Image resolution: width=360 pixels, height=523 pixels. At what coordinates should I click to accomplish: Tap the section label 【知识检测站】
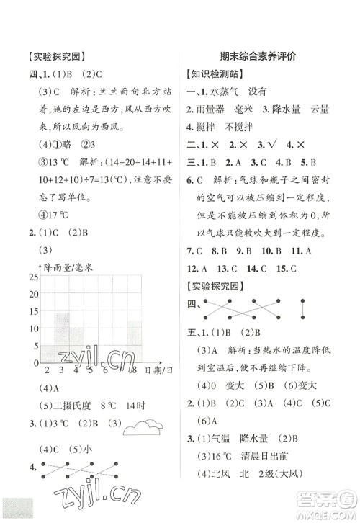pyautogui.click(x=213, y=73)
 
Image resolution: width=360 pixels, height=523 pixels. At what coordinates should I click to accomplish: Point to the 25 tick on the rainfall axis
pyautogui.click(x=32, y=277)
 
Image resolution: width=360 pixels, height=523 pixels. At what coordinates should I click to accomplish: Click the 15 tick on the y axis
pyautogui.click(x=32, y=312)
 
